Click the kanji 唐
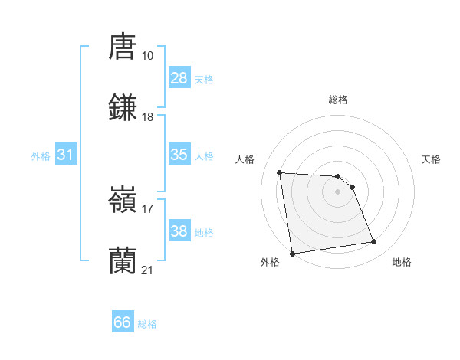coord(123,47)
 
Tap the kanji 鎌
coord(123,108)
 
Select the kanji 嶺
coord(123,201)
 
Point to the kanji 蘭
coord(123,261)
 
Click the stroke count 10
coord(147,56)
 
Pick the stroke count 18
coord(147,117)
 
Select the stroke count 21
coord(147,270)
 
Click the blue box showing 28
coord(179,78)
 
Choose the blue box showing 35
coord(179,155)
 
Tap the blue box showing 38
coord(179,231)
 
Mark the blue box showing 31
coord(66,155)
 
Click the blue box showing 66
coord(123,322)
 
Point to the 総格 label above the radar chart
coord(338,100)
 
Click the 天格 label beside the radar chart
coord(432,159)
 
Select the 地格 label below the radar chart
coord(402,262)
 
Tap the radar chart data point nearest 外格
coord(292,254)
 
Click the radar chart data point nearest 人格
coord(280,172)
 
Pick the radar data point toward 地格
coord(374,242)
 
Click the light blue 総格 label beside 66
coord(147,324)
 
